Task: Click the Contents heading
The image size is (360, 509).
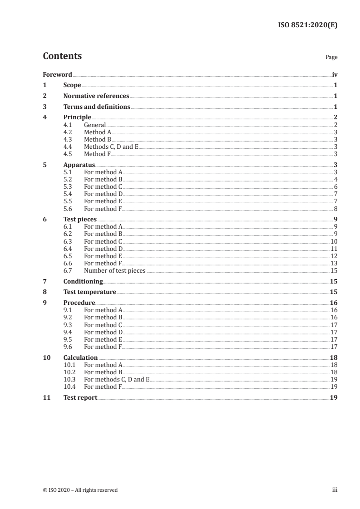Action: pyautogui.click(x=62, y=56)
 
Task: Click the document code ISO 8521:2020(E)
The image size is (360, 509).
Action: pyautogui.click(x=307, y=25)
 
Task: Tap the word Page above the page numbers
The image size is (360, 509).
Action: pyautogui.click(x=331, y=57)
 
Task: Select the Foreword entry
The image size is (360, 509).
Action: pyautogui.click(x=57, y=74)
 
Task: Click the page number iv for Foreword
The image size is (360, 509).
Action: pyautogui.click(x=335, y=74)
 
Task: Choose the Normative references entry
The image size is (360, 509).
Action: pyautogui.click(x=96, y=96)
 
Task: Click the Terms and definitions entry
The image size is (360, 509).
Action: pyautogui.click(x=97, y=107)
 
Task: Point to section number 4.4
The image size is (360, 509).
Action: pyautogui.click(x=68, y=147)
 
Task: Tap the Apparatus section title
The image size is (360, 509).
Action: pyautogui.click(x=79, y=165)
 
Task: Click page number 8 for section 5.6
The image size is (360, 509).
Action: pyautogui.click(x=335, y=209)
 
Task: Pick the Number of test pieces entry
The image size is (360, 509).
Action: pyautogui.click(x=114, y=270)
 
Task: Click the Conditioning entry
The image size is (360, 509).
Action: pyautogui.click(x=83, y=281)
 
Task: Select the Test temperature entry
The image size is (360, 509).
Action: pyautogui.click(x=89, y=292)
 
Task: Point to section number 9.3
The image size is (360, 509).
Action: pyautogui.click(x=68, y=325)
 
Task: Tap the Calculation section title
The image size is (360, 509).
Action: pyautogui.click(x=80, y=357)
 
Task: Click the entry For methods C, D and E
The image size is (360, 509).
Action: pyautogui.click(x=116, y=379)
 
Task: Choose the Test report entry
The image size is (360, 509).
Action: pyautogui.click(x=80, y=397)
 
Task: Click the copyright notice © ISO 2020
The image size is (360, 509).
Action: pyautogui.click(x=80, y=489)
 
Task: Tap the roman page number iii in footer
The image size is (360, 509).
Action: pyautogui.click(x=335, y=489)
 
